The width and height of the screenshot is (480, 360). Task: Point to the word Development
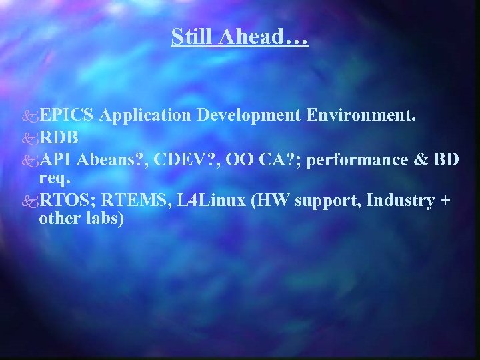coord(249,115)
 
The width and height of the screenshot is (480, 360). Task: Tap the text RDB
coord(60,137)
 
